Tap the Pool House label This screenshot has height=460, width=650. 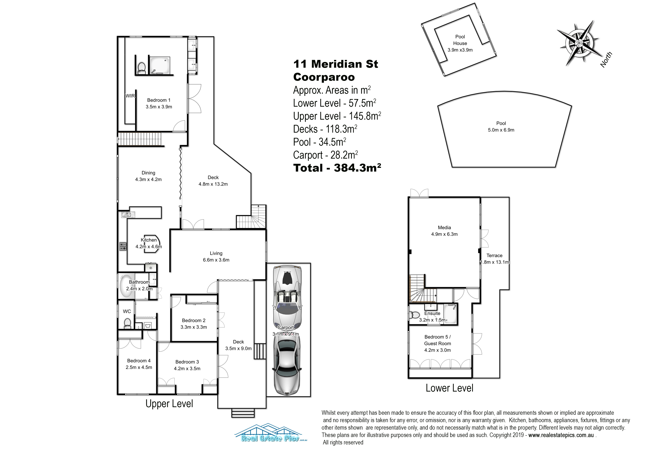coord(460,40)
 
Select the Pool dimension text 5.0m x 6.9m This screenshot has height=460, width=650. coord(501,130)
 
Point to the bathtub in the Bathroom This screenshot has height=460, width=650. coord(127,286)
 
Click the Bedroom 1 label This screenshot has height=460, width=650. coord(159,100)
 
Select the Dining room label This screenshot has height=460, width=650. coord(148,173)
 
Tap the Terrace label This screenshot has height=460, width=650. coord(495,255)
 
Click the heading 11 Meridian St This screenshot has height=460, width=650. coord(336,64)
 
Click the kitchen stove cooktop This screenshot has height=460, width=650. coord(123,246)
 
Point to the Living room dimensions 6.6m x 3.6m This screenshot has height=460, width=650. coord(216,260)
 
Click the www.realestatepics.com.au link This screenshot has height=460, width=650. coord(561,435)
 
